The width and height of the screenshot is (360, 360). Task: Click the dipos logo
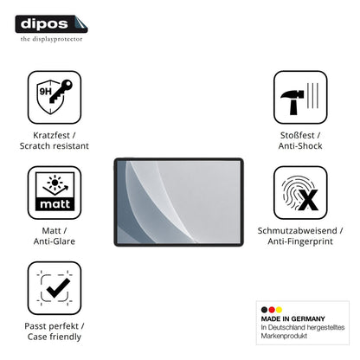click(51, 24)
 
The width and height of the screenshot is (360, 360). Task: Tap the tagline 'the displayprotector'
click(51, 39)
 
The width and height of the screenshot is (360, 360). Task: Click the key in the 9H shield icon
click(61, 91)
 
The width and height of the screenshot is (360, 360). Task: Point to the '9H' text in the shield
click(45, 92)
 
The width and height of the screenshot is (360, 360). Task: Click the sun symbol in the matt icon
click(55, 183)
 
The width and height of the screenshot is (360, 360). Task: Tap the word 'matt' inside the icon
click(55, 204)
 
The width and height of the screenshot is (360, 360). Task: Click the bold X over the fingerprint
click(308, 200)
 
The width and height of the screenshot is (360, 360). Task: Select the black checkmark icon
click(58, 288)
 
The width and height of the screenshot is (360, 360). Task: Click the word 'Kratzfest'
click(51, 135)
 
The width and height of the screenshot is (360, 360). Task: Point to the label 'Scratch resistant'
click(55, 146)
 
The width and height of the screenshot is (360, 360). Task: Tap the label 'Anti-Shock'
click(300, 146)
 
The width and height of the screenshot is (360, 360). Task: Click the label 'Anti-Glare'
click(55, 241)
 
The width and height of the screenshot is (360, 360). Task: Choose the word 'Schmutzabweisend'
click(298, 230)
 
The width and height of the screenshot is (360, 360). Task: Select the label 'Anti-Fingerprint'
click(300, 241)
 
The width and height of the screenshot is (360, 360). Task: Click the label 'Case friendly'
click(55, 337)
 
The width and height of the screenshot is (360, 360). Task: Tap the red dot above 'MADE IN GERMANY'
click(272, 310)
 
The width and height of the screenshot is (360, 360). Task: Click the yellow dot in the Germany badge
click(279, 310)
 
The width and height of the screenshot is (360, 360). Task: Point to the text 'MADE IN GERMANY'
click(292, 318)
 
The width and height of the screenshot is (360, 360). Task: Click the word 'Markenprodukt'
click(284, 336)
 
